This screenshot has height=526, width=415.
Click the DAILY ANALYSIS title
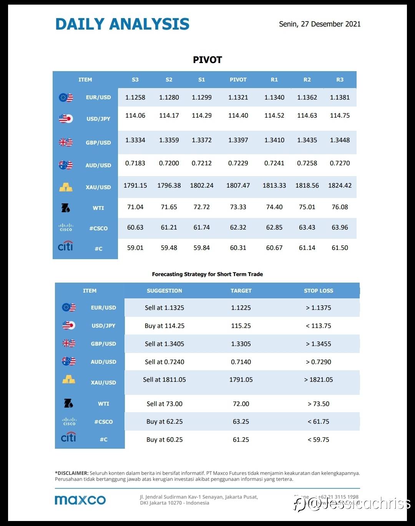click(x=122, y=24)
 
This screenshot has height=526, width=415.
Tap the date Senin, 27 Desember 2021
click(x=320, y=24)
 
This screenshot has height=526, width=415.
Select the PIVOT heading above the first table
click(x=207, y=60)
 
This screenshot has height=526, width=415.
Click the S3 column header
click(x=135, y=80)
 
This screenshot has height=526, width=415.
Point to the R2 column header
click(x=307, y=80)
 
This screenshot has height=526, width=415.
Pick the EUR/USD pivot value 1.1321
click(x=238, y=97)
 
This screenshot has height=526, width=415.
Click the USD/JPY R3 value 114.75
click(x=340, y=115)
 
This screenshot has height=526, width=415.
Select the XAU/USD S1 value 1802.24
click(x=202, y=185)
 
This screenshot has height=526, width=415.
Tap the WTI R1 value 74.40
click(x=274, y=207)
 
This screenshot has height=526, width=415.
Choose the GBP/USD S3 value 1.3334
click(x=135, y=140)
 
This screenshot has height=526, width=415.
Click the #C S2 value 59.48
click(x=169, y=248)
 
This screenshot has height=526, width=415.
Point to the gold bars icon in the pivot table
click(x=66, y=187)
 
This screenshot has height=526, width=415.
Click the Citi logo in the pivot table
click(x=65, y=246)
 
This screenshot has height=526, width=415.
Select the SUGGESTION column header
click(x=164, y=291)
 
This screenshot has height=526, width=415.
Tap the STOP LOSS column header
click(x=319, y=291)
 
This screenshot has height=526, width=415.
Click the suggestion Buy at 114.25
click(x=164, y=326)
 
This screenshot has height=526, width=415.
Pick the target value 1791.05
click(x=241, y=380)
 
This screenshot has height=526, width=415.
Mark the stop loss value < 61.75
click(x=319, y=421)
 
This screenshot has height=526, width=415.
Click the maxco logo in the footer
click(x=80, y=500)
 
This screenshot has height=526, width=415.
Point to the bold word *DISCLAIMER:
click(x=72, y=473)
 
